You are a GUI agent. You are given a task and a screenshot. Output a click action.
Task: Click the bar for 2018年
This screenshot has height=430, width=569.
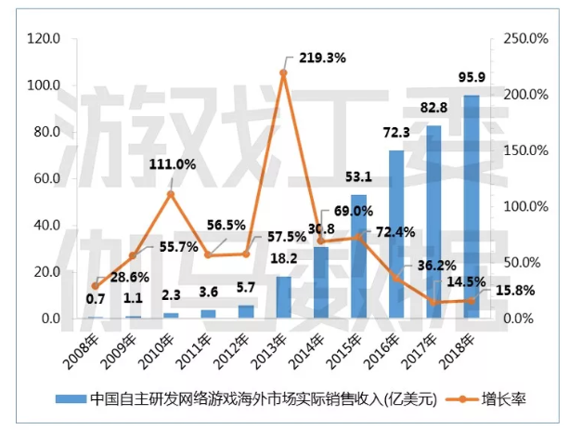tap(471, 206)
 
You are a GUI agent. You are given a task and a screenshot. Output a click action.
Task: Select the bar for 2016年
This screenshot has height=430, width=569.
tap(396, 234)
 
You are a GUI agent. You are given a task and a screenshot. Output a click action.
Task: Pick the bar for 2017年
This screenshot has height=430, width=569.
tap(433, 222)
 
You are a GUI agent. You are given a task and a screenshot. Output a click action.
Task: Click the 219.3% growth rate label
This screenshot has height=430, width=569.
tap(319, 58)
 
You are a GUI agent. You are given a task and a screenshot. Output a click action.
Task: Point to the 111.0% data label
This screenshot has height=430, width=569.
tap(172, 164)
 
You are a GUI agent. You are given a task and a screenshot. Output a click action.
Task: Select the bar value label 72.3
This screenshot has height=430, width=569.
tap(396, 135)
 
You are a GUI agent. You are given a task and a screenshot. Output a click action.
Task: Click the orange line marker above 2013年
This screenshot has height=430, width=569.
tap(283, 72)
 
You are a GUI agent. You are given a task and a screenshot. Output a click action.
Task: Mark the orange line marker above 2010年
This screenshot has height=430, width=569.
tap(171, 194)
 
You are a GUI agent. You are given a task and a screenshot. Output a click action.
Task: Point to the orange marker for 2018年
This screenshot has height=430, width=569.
tap(471, 300)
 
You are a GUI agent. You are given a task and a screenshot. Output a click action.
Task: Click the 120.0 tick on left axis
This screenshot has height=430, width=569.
tap(44, 39)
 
